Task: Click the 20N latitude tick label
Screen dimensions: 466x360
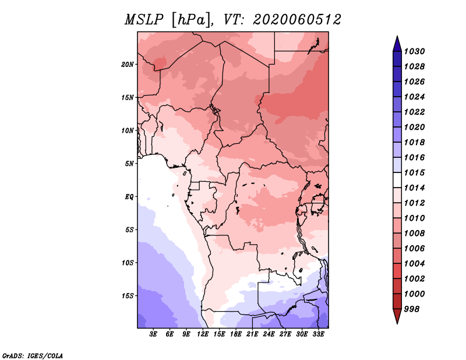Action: (x=128, y=65)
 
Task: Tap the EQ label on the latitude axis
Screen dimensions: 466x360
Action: (x=129, y=197)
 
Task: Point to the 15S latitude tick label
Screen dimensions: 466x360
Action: (x=128, y=296)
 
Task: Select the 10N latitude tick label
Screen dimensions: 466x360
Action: (x=128, y=130)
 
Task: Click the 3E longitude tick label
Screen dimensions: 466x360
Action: (x=153, y=334)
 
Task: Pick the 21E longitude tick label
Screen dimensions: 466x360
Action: (x=252, y=334)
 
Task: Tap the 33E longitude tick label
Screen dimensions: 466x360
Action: (x=318, y=334)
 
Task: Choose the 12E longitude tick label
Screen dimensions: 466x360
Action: (x=203, y=334)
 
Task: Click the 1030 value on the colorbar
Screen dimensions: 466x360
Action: (x=414, y=51)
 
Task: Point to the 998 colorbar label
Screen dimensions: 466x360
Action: (x=412, y=309)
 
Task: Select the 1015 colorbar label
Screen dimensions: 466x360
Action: (x=414, y=172)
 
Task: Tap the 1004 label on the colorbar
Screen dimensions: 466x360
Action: (x=414, y=264)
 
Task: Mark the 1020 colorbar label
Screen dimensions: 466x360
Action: (x=414, y=127)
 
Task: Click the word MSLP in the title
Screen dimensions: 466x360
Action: (x=144, y=20)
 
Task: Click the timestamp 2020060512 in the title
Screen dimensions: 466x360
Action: (x=297, y=20)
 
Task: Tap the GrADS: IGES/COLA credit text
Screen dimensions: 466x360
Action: (x=33, y=356)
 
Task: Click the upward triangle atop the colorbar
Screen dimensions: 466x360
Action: (x=397, y=44)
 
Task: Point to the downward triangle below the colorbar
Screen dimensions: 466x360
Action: (x=397, y=316)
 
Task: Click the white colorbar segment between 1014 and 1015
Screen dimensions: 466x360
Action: (x=397, y=180)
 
